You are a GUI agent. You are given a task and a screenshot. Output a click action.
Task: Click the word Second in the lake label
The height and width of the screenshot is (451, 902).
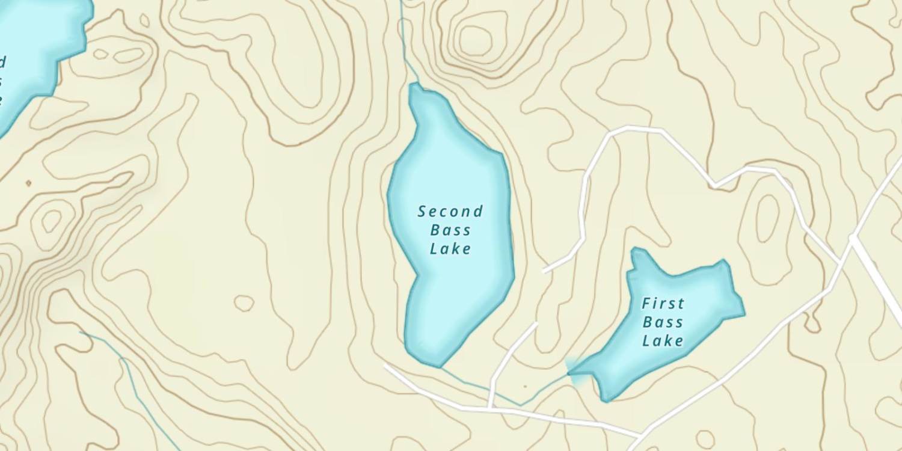tap(450, 212)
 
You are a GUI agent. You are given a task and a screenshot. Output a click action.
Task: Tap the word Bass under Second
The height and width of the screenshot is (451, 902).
tap(450, 230)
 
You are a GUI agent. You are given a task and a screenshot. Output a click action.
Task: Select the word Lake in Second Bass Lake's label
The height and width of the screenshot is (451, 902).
tap(450, 249)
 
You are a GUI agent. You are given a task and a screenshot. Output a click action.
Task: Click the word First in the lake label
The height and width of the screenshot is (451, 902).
tap(663, 303)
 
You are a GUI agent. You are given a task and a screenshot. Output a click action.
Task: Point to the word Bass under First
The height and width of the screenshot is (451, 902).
tap(663, 322)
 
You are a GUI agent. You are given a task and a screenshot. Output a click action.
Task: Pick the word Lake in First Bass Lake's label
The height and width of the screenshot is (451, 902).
tap(663, 341)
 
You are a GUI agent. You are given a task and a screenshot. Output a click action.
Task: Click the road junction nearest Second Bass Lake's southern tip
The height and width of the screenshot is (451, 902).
tap(491, 408)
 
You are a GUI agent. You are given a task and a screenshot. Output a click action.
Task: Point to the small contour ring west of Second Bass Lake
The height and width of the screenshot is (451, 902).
tap(244, 303)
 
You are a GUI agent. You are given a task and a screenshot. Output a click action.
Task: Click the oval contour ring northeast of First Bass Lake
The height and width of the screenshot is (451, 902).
tap(767, 218)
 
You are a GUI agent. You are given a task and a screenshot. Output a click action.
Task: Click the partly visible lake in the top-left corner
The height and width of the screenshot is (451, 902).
tap(36, 48)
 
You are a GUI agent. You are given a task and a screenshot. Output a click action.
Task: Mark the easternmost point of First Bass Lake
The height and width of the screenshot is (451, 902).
tap(744, 313)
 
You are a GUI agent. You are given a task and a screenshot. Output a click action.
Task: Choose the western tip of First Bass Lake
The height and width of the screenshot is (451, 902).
tap(569, 373)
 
